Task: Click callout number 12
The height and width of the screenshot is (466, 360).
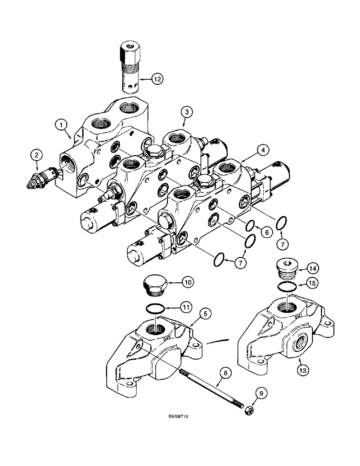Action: (145, 80)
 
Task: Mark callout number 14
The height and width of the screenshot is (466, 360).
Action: (299, 268)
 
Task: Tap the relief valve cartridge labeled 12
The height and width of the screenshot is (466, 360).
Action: (129, 65)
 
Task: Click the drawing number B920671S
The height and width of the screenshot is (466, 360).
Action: (182, 432)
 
